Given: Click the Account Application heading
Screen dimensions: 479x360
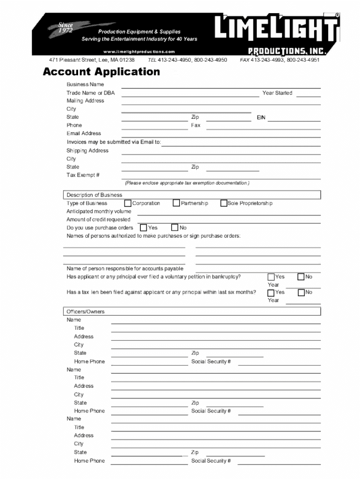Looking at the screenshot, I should pos(101,72).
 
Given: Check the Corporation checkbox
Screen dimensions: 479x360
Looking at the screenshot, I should pos(128,203).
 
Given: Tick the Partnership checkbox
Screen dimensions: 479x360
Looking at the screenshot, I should pos(176,203).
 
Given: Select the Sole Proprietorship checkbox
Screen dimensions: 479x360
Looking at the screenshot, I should pos(223,203).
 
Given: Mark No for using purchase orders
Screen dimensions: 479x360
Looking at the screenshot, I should pos(175,228).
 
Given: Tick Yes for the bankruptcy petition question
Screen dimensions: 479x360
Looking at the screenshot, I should pos(271,277).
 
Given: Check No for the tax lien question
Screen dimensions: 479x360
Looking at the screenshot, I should pos(301,292).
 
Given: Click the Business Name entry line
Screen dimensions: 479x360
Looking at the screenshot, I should pos(221,86).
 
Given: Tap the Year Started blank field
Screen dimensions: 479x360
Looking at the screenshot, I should pos(309,94).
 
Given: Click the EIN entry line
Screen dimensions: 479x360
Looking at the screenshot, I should pos(294,119).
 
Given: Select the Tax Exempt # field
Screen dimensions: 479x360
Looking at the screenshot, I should pos(221,176).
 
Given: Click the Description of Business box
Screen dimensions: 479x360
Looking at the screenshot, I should pos(192,195).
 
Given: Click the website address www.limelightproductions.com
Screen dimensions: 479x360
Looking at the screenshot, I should pos(139,51).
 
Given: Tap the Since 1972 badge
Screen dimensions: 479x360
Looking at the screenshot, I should pos(65,28).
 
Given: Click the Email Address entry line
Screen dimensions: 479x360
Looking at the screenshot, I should pos(221,135).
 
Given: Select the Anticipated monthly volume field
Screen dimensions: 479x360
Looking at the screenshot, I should pos(229,213).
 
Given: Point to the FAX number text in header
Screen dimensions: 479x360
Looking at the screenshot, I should pos(280,60).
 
